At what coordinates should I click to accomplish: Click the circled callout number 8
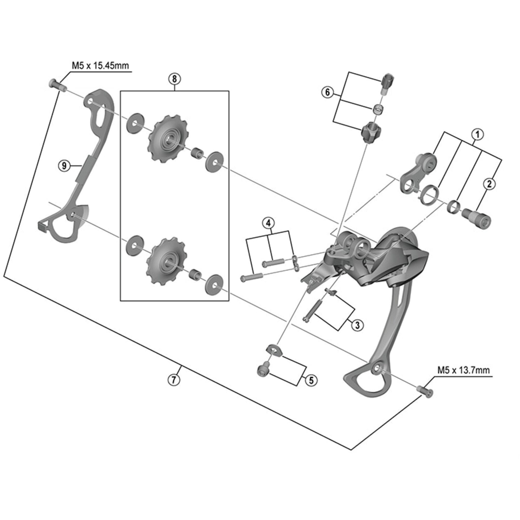(174, 79)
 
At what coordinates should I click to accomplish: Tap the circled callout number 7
(174, 380)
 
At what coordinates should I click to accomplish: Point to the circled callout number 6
(327, 92)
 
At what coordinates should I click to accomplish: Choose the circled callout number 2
(489, 184)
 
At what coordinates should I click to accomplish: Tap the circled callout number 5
(311, 380)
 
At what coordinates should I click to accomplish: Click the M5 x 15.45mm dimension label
(100, 66)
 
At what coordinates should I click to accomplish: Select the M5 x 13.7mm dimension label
(463, 370)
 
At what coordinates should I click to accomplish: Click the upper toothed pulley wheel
(169, 139)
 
